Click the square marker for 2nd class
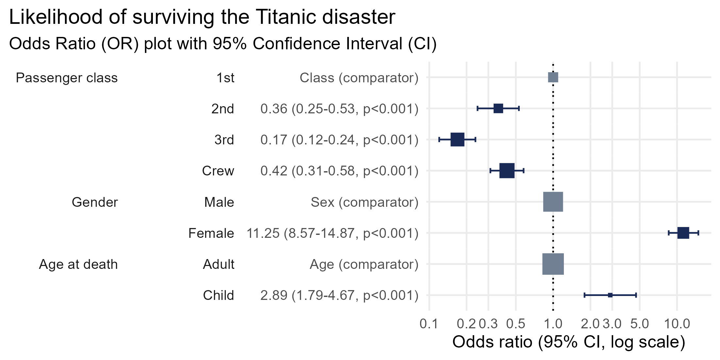(x=498, y=108)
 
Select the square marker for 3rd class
(x=457, y=139)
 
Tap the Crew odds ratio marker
(x=507, y=171)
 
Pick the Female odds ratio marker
(x=683, y=233)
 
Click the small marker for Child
(x=610, y=295)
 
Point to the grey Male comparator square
(x=553, y=202)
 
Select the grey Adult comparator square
(x=553, y=264)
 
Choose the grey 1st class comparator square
(x=553, y=77)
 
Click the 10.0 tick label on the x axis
(x=677, y=324)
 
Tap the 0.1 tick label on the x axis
(x=429, y=324)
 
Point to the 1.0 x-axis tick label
(x=553, y=324)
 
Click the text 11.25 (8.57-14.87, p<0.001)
(x=332, y=233)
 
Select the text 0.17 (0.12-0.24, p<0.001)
(x=339, y=140)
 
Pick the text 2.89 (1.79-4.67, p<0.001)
(x=339, y=295)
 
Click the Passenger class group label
(x=67, y=78)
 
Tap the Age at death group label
(x=78, y=264)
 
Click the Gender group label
(x=95, y=202)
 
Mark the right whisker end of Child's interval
(x=636, y=295)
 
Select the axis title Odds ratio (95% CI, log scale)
(x=569, y=342)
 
